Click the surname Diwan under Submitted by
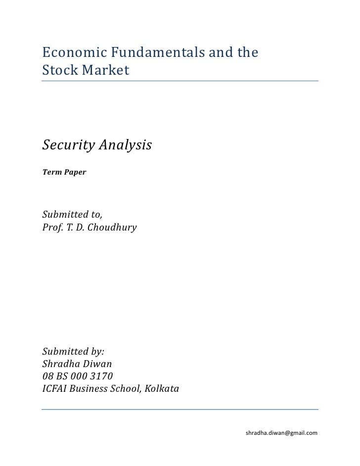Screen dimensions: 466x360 pos(101,364)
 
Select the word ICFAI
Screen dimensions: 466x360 pos(54,388)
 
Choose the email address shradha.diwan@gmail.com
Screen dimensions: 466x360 pos(281,433)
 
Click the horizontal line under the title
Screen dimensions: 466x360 pos(180,81)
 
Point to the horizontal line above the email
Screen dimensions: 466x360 pos(180,409)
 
